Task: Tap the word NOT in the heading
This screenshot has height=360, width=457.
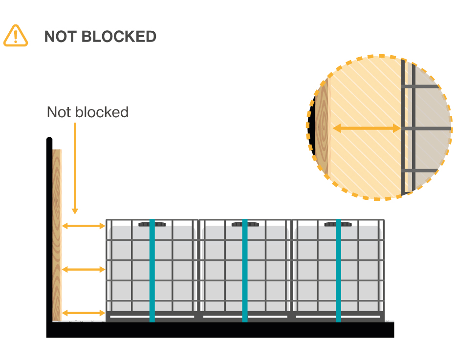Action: (x=61, y=37)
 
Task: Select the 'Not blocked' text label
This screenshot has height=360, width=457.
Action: (x=87, y=112)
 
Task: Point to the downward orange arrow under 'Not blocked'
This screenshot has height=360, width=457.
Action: (x=75, y=166)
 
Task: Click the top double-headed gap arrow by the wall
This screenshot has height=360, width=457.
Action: (x=84, y=226)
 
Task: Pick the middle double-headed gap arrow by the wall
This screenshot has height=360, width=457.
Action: (x=84, y=269)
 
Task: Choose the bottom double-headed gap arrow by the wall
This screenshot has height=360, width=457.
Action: (x=84, y=313)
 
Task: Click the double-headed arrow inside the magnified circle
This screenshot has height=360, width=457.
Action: (x=367, y=128)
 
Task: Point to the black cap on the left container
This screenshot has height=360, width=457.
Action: (x=152, y=224)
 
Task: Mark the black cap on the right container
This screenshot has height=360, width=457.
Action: (x=338, y=224)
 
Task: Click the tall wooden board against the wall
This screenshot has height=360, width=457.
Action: (x=57, y=234)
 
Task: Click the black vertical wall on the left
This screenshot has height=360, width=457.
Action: (x=49, y=230)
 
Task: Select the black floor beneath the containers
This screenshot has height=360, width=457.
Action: (x=220, y=330)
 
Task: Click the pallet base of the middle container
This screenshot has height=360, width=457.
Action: (x=245, y=317)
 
